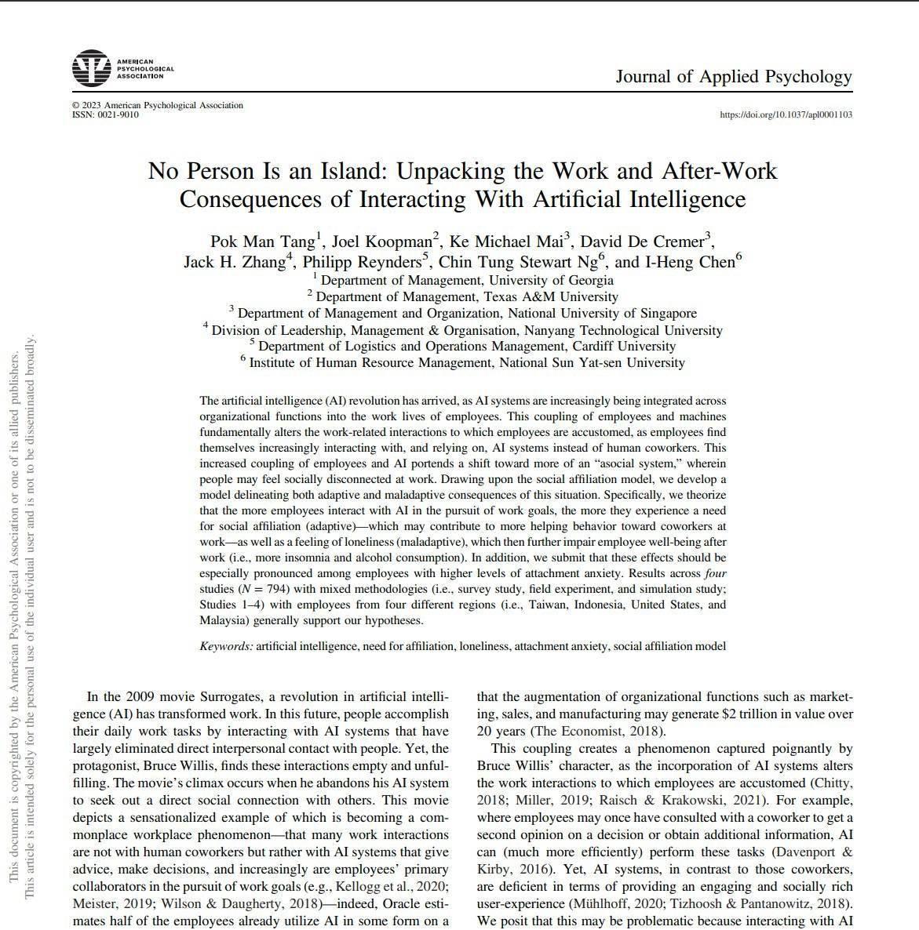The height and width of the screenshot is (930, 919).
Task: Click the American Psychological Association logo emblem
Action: (92, 68)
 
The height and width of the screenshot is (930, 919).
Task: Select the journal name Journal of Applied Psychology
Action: (733, 77)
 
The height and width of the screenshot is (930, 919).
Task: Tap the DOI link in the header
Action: (786, 114)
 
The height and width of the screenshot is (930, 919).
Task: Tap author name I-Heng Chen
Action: (690, 262)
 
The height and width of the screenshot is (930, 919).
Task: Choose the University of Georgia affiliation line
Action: (468, 280)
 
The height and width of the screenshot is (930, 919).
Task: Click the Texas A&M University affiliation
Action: (466, 296)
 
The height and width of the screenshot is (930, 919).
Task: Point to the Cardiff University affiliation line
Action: (466, 346)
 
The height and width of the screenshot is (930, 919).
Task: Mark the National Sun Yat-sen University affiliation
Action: (466, 362)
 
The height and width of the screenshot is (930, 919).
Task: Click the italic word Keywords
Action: (226, 646)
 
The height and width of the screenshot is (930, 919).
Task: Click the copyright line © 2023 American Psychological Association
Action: (158, 105)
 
